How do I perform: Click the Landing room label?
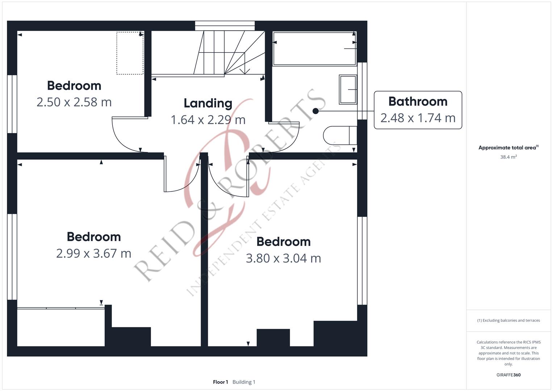[x=208, y=104]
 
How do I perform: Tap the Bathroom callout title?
[x=418, y=101]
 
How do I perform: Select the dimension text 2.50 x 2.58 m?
[x=74, y=102]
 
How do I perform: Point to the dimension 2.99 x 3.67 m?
[x=93, y=253]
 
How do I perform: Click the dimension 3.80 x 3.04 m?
[x=284, y=258]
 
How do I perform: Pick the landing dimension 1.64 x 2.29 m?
[x=208, y=120]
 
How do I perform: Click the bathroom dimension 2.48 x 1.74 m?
[x=418, y=118]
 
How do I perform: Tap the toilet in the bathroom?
[x=340, y=135]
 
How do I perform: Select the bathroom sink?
[x=348, y=89]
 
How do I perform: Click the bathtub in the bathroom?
[x=314, y=49]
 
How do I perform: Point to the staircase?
[x=208, y=52]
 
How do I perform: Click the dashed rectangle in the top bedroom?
[x=130, y=53]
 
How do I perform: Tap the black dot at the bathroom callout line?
[x=315, y=111]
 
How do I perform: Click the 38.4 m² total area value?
[x=508, y=157]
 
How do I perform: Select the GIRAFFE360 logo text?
[x=508, y=375]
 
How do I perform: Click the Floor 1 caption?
[x=221, y=382]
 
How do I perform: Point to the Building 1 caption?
[x=244, y=382]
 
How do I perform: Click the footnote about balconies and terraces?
[x=508, y=320]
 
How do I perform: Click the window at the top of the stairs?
[x=225, y=26]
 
